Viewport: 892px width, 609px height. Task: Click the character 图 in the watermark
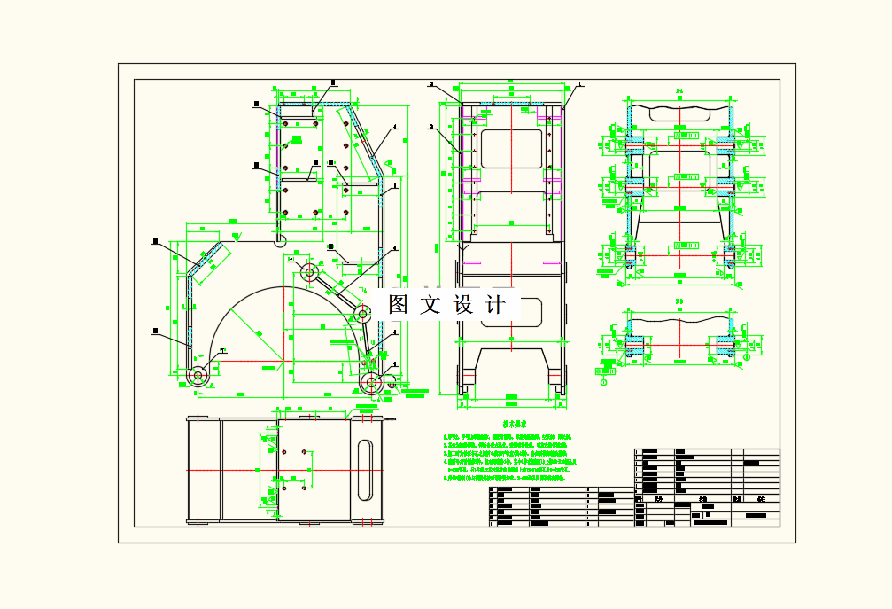click(x=399, y=305)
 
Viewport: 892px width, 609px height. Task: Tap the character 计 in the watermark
click(x=497, y=305)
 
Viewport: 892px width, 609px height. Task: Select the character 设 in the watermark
click(x=464, y=305)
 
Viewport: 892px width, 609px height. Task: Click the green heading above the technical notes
click(x=510, y=425)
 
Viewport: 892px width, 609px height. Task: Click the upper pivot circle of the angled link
click(x=310, y=271)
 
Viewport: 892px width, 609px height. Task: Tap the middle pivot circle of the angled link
click(x=362, y=313)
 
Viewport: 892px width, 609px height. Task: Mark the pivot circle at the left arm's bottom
click(x=197, y=375)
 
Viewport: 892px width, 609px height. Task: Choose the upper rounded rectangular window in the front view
click(x=510, y=147)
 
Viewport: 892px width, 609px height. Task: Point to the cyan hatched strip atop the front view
click(x=511, y=105)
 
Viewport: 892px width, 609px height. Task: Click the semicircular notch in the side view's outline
click(x=280, y=239)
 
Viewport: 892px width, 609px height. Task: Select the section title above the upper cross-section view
click(x=679, y=90)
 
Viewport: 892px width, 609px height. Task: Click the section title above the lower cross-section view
click(x=679, y=302)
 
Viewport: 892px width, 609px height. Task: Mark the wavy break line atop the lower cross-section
click(x=679, y=316)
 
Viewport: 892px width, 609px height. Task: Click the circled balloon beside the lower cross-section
click(x=605, y=383)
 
